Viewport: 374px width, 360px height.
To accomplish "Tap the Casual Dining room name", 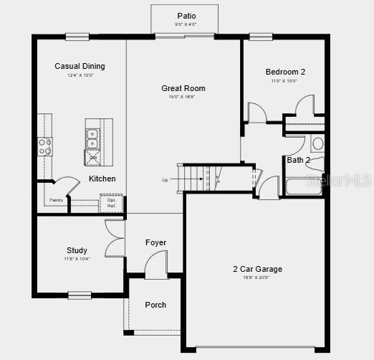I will pyautogui.click(x=80, y=66).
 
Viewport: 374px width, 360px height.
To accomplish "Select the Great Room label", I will pyautogui.click(x=183, y=88).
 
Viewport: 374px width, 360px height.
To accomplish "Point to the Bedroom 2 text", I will pyautogui.click(x=285, y=72).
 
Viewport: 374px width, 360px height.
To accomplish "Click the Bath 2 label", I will pyautogui.click(x=298, y=160).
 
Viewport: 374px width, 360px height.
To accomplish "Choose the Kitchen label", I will pyautogui.click(x=102, y=179).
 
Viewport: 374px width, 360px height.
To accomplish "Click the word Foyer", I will pyautogui.click(x=155, y=242).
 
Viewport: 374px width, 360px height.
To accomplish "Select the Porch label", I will pyautogui.click(x=155, y=305).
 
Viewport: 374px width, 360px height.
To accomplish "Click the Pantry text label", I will pyautogui.click(x=56, y=200).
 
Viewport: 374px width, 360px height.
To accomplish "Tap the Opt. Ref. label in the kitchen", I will pyautogui.click(x=111, y=203).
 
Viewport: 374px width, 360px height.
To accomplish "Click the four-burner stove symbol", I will pyautogui.click(x=45, y=146).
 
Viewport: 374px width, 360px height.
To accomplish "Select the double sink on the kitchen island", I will pyautogui.click(x=93, y=138).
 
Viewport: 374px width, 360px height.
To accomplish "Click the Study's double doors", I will pyautogui.click(x=115, y=238).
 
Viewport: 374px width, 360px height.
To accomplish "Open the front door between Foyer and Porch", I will pyautogui.click(x=156, y=270).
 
